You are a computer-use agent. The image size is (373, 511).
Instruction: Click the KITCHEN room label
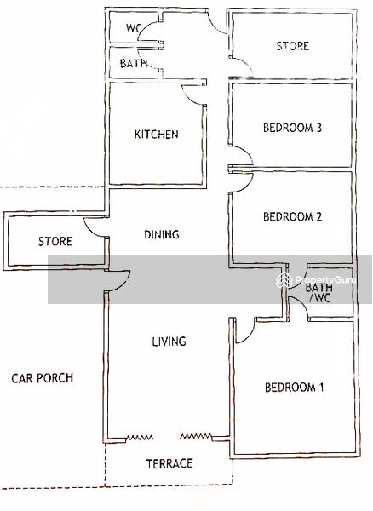point(157,135)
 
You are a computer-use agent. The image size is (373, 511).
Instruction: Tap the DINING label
point(162,234)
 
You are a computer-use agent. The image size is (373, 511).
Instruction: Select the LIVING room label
point(169,342)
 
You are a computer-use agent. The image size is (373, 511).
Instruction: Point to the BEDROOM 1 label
point(294,388)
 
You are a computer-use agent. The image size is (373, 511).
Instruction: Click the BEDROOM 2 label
point(293,216)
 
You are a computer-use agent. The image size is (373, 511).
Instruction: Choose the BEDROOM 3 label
point(293,128)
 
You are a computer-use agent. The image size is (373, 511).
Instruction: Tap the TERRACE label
point(169,463)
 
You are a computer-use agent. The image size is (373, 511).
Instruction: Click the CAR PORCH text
point(43,378)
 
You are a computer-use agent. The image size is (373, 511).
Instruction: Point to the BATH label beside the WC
point(134,63)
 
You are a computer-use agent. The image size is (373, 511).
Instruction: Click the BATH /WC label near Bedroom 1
point(319,293)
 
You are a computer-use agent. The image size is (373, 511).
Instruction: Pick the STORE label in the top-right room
point(293,46)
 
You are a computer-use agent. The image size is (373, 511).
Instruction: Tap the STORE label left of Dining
point(55,242)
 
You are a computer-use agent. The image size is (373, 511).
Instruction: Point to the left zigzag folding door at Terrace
point(140,438)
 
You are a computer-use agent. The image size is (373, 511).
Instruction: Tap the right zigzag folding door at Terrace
point(196,436)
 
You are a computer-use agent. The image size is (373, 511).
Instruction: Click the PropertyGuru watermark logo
point(284,280)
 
